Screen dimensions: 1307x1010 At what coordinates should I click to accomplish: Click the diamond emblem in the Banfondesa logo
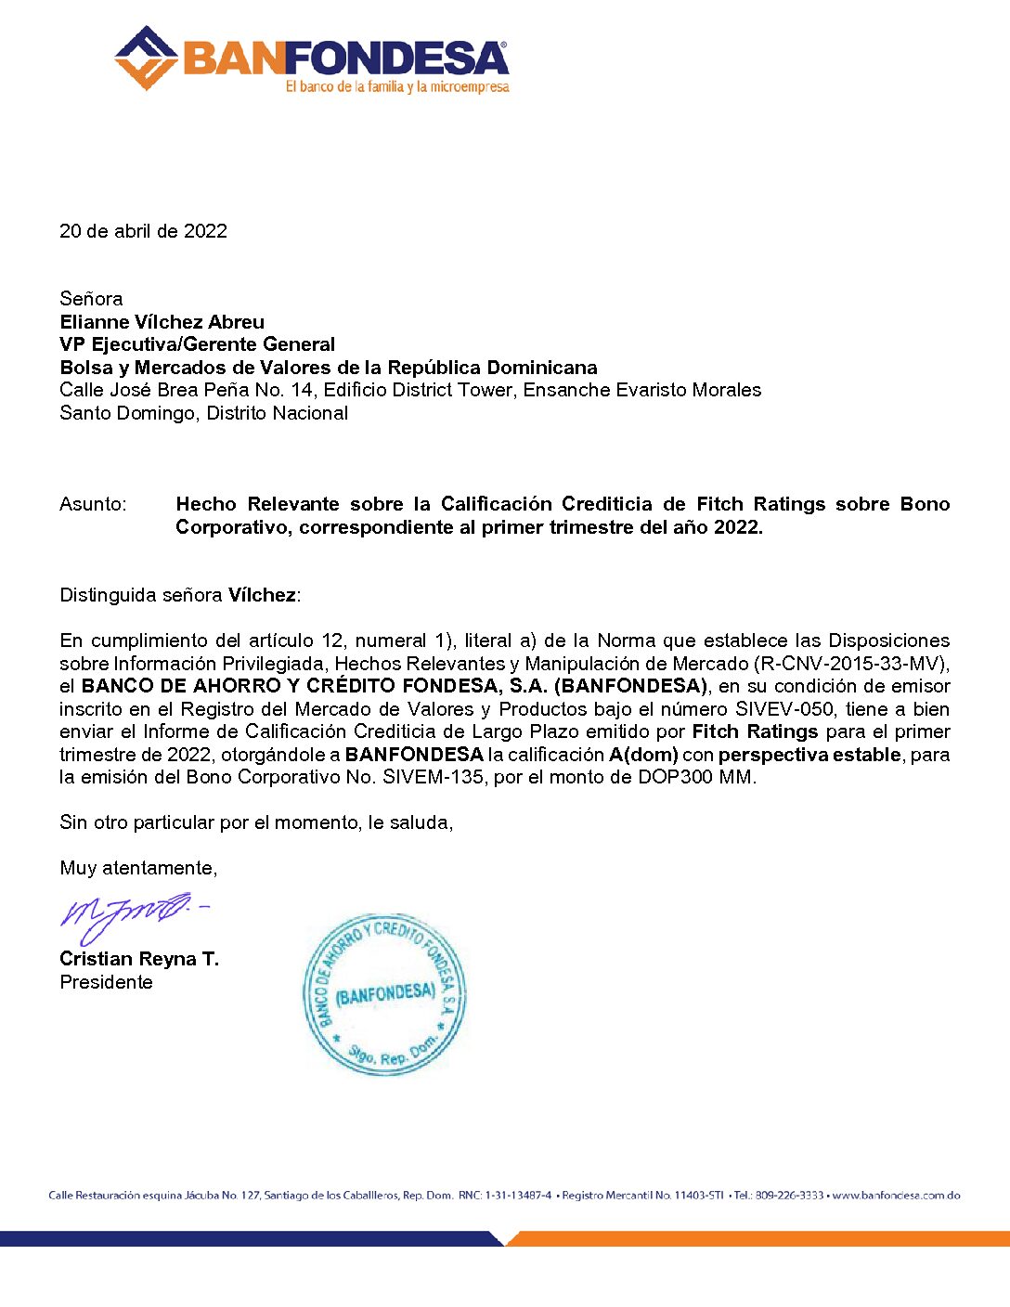pyautogui.click(x=146, y=58)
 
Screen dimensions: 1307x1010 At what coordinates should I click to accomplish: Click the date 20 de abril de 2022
pyautogui.click(x=143, y=231)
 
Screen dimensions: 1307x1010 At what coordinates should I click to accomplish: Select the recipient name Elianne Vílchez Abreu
pyautogui.click(x=162, y=322)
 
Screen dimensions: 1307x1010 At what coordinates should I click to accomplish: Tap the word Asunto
pyautogui.click(x=92, y=504)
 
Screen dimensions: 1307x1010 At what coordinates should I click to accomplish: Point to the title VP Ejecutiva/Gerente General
pyautogui.click(x=197, y=344)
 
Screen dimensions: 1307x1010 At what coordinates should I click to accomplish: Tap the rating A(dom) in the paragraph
pyautogui.click(x=643, y=755)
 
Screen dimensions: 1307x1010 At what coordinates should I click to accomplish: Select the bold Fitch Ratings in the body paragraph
pyautogui.click(x=755, y=731)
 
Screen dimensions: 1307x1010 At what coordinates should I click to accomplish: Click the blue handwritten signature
pyautogui.click(x=130, y=913)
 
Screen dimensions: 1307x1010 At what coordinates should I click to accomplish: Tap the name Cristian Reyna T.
pyautogui.click(x=139, y=959)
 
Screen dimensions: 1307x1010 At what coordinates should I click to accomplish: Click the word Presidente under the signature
pyautogui.click(x=106, y=982)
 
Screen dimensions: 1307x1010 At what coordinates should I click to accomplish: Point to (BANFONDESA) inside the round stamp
pyautogui.click(x=384, y=994)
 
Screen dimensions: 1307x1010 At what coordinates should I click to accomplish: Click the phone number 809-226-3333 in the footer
pyautogui.click(x=789, y=1196)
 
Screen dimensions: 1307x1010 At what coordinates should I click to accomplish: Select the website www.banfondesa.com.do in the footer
pyautogui.click(x=896, y=1196)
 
